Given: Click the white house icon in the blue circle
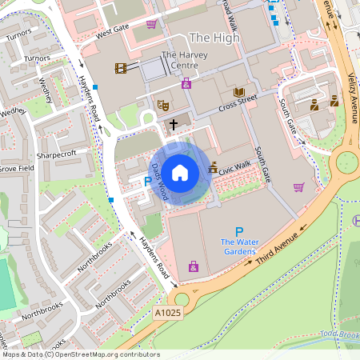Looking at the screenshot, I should coord(180,172).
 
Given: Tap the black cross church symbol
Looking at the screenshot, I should coord(174,125).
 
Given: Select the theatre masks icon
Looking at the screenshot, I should coord(162,103).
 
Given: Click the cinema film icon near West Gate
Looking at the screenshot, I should coord(121,68).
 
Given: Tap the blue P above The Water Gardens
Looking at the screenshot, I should coord(238,232).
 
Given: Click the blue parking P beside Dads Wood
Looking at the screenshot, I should coord(146,182).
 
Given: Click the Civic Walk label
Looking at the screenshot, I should coord(234,166).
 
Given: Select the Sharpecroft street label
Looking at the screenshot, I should coord(56,154).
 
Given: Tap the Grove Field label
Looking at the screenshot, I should coord(15,169).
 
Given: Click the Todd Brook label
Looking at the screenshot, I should coord(342,334).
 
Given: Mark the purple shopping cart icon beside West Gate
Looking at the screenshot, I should coord(151,24).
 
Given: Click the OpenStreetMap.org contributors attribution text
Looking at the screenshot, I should coord(103,354).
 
